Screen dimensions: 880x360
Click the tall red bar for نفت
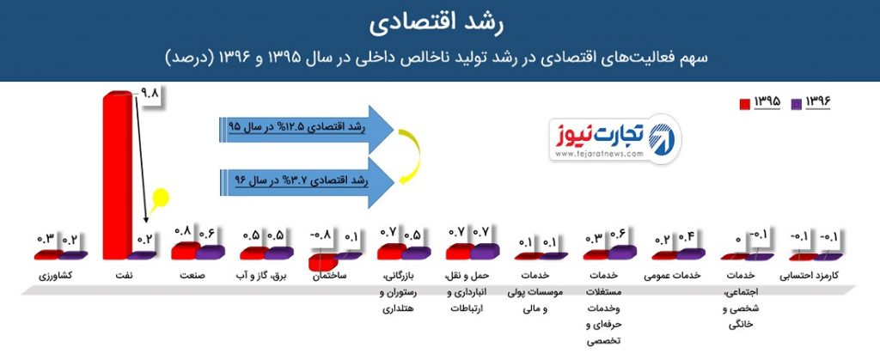(118, 175)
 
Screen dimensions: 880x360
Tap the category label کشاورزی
(56, 277)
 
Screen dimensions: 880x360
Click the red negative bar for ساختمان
(323, 261)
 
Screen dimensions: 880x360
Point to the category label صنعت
(192, 276)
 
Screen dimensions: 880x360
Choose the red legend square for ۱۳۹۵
(745, 104)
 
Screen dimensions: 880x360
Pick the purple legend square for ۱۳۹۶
(796, 104)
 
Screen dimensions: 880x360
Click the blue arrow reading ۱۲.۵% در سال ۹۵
(306, 129)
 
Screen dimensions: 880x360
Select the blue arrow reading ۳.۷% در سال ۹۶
(306, 182)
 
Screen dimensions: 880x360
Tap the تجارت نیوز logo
(614, 140)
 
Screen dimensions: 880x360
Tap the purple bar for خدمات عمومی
(690, 254)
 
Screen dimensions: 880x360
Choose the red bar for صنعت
(186, 251)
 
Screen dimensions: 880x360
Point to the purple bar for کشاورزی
(73, 255)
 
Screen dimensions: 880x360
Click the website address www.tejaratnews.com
(599, 156)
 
